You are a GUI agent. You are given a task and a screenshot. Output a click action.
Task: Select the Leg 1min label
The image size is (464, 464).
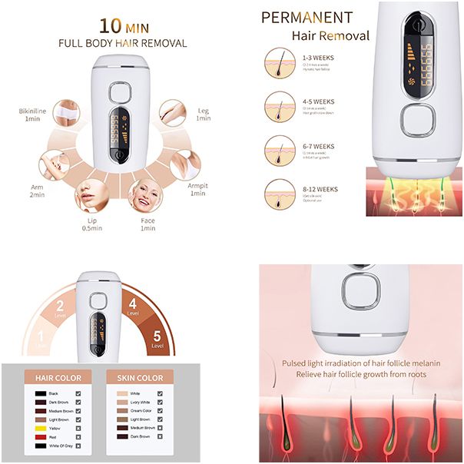pyautogui.click(x=203, y=114)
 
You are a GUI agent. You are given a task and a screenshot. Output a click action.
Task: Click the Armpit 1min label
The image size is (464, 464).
pyautogui.click(x=197, y=189)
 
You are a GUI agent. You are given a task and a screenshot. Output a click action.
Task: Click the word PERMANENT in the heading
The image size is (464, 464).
pyautogui.click(x=307, y=18)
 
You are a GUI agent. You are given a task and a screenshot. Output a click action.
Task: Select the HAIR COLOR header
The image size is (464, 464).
pyautogui.click(x=58, y=378)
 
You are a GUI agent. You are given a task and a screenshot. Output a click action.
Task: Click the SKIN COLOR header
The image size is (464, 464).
pyautogui.click(x=140, y=378)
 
